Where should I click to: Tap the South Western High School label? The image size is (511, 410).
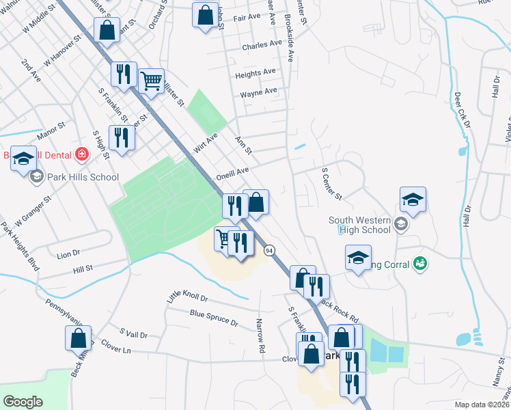coord(359,225)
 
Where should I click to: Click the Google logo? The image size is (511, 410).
coord(23,401)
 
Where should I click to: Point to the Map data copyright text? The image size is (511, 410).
coord(482,405)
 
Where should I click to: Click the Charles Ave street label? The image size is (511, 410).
coord(261,46)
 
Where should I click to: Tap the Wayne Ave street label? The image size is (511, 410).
coord(258,91)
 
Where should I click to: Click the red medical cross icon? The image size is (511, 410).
coord(83,154)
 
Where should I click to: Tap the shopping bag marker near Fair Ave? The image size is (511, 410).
coord(205,15)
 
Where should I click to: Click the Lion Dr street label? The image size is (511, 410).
coord(68,254)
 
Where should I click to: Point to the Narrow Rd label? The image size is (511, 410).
coord(260,335)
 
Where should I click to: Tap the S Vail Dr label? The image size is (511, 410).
coord(133,333)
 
